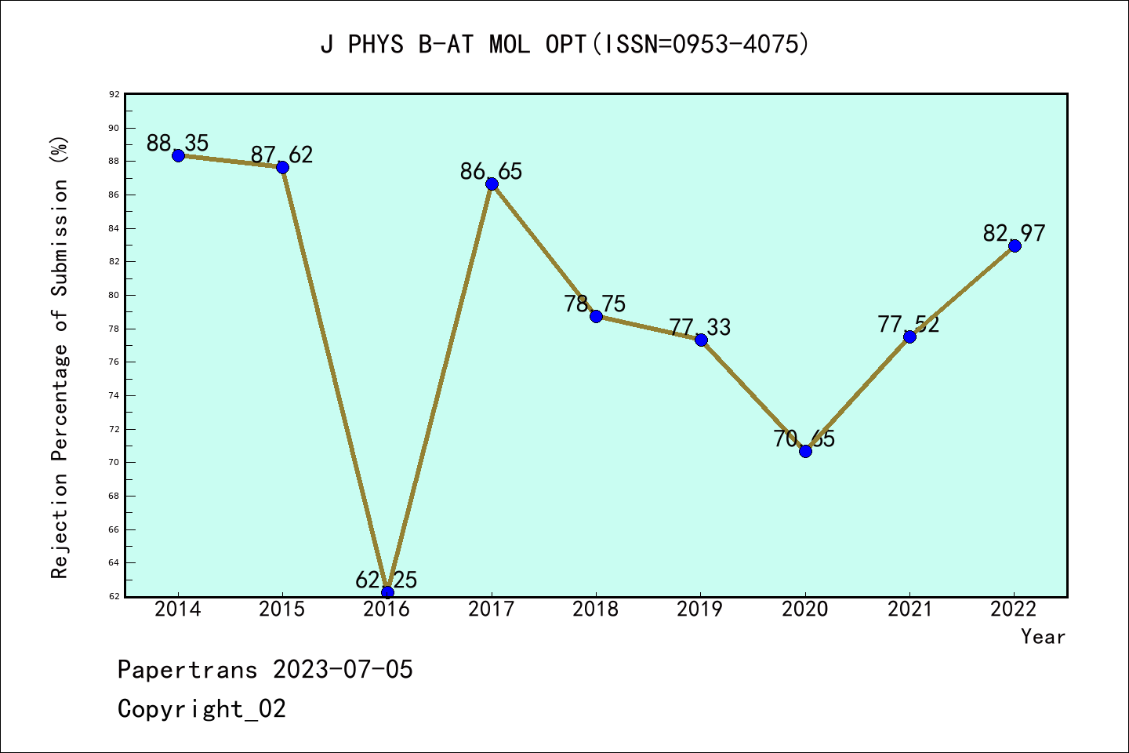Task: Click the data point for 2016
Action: click(x=387, y=592)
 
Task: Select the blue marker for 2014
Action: click(x=178, y=155)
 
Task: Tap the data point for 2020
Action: click(x=805, y=451)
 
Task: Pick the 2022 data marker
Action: click(x=1015, y=246)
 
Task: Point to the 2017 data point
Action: click(x=492, y=184)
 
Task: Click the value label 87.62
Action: click(x=282, y=155)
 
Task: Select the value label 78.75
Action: click(x=595, y=304)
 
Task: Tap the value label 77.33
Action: click(x=700, y=327)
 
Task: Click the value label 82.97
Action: click(x=1015, y=233)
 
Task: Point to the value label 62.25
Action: click(x=387, y=580)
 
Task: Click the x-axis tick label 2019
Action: click(x=700, y=609)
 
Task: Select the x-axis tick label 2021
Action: click(x=909, y=609)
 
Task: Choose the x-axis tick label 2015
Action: click(x=282, y=609)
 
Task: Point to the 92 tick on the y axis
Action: click(x=114, y=94)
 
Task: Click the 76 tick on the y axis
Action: click(x=114, y=362)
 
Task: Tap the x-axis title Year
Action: click(x=1044, y=637)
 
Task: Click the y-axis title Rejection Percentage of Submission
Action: click(x=60, y=358)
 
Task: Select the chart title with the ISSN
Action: click(x=564, y=45)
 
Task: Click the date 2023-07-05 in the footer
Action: click(x=343, y=670)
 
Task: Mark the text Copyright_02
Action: click(x=202, y=709)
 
